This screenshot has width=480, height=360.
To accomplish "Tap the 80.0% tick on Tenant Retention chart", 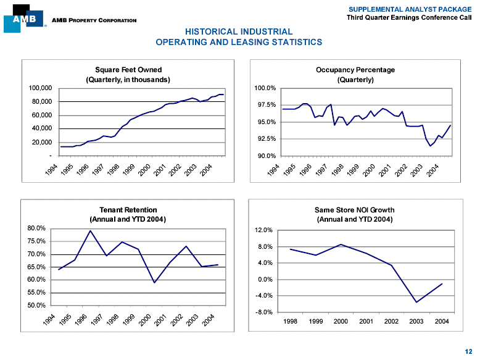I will coord(37,228).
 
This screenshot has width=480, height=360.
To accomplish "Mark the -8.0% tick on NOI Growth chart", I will coord(264,312).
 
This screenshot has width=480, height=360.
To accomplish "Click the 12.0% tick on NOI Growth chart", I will coord(264,230).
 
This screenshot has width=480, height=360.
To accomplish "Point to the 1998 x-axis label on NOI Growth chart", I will coord(290,321).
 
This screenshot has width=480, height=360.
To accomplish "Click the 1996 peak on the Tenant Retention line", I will coord(90,231).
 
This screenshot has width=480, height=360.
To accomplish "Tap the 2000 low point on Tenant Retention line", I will coord(154,283).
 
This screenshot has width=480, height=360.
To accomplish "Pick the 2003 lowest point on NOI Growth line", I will coord(416,302).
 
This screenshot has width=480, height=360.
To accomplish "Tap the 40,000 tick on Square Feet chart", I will coord(41,128).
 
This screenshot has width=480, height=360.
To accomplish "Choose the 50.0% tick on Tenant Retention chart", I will coord(37,305).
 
